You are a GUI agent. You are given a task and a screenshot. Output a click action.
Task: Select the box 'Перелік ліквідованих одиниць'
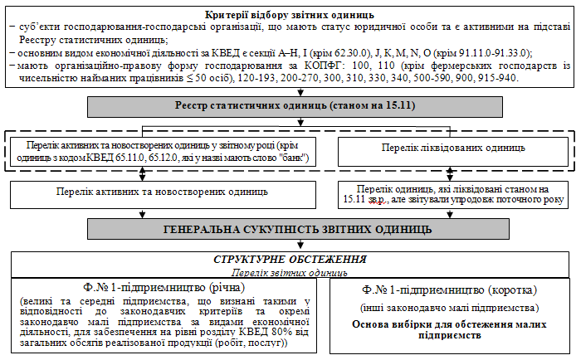click(453, 148)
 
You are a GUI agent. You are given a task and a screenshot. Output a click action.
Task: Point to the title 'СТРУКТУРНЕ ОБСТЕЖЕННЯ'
click(290, 260)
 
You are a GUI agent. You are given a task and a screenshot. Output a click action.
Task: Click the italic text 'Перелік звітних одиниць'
click(290, 271)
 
